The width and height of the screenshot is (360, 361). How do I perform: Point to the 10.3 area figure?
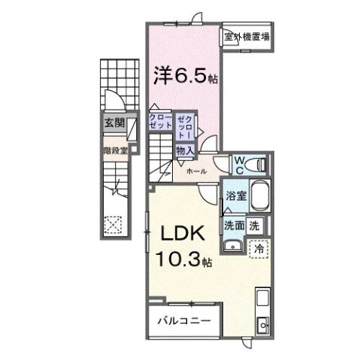180,259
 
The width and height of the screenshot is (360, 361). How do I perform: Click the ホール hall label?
198,171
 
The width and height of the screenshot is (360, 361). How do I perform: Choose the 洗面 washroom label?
233,224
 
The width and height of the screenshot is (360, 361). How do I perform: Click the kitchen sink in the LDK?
263,325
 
